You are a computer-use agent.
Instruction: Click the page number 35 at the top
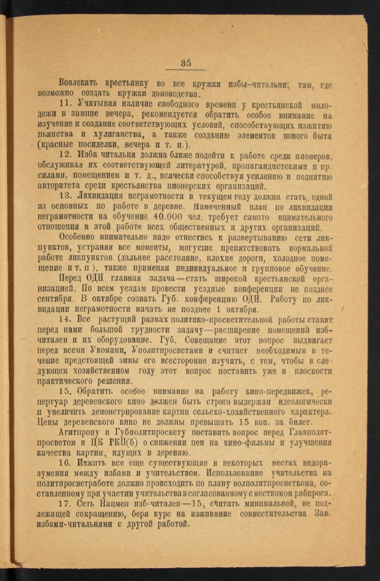pyautogui.click(x=186, y=63)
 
